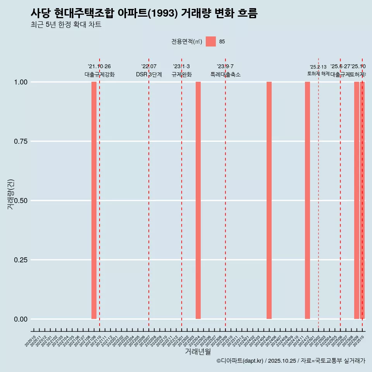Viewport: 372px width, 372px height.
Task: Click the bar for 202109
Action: [x=94, y=200]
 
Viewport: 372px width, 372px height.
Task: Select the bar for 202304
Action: [x=198, y=200]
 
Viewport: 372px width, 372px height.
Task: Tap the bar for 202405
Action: [x=269, y=200]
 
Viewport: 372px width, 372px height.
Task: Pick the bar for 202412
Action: [x=307, y=200]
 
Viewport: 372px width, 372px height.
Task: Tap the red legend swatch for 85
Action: [x=210, y=41]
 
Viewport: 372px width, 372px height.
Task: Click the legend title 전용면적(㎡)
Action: [x=187, y=42]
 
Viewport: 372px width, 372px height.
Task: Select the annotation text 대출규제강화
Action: [x=100, y=75]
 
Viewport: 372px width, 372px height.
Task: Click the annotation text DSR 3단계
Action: [x=149, y=75]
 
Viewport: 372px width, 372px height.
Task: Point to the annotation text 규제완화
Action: [x=181, y=75]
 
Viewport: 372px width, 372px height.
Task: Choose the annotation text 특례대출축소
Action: [x=226, y=75]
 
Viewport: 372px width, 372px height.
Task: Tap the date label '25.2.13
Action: [x=318, y=67]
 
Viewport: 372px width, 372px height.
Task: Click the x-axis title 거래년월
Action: [x=198, y=352]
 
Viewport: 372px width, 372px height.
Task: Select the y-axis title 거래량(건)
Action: [x=11, y=194]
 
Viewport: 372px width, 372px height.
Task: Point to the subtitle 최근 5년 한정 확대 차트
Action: [x=66, y=25]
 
